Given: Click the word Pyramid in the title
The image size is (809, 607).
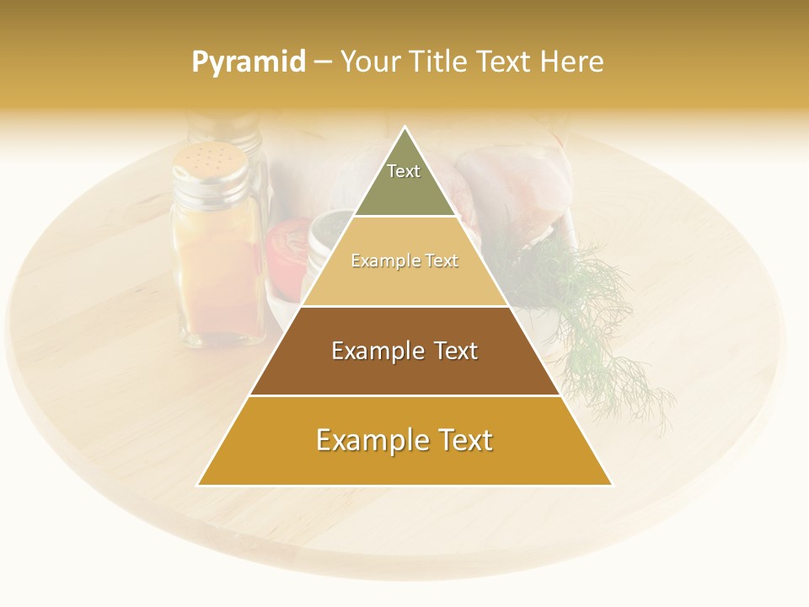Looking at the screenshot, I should click(249, 62).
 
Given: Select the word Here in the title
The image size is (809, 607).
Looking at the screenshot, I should click(572, 62).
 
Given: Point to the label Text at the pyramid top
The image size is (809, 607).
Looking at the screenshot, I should click(404, 171).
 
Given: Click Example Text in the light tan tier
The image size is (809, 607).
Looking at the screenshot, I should click(404, 261).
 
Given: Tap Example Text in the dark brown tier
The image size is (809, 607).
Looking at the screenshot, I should click(404, 351).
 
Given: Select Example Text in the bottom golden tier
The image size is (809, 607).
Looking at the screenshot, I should click(404, 440).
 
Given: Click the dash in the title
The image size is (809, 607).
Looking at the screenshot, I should click(323, 62).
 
